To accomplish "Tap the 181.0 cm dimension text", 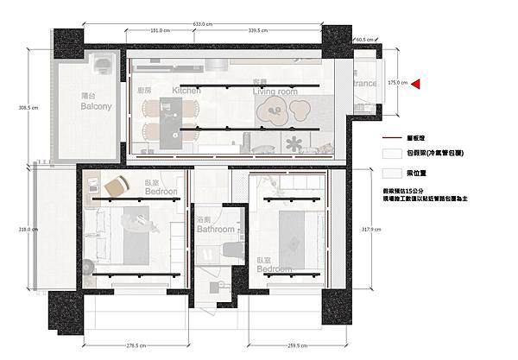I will point(160,29).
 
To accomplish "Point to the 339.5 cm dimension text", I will point(257,29).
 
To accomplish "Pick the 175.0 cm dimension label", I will point(397,84).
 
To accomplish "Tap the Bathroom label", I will point(215,230).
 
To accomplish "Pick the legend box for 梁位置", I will point(394,171).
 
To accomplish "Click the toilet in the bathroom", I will point(227,249).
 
